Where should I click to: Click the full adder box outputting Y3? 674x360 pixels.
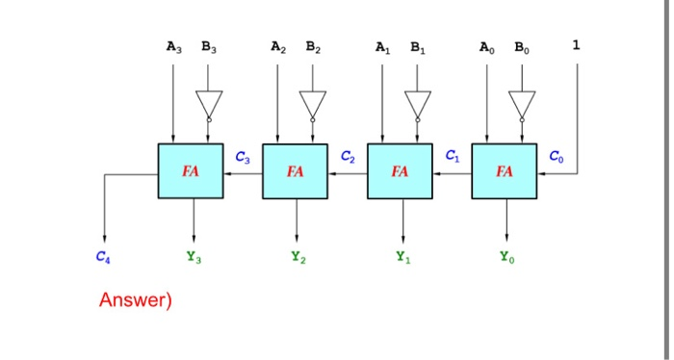191,171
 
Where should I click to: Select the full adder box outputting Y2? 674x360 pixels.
295,171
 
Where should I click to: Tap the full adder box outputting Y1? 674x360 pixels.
400,171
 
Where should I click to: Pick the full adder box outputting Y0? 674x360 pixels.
504,171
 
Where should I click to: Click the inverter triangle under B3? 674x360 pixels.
208,102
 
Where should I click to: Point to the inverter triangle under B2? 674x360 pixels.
312,102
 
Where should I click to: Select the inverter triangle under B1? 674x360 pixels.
417,102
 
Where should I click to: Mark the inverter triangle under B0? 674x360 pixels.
521,102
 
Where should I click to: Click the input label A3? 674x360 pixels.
173,46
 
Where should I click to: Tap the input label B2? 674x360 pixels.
313,46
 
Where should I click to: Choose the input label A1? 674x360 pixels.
382,46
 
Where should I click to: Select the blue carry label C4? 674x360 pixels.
102,257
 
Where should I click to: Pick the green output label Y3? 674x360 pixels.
193,257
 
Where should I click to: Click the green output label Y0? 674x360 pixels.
505,257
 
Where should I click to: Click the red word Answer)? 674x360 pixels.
135,300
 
